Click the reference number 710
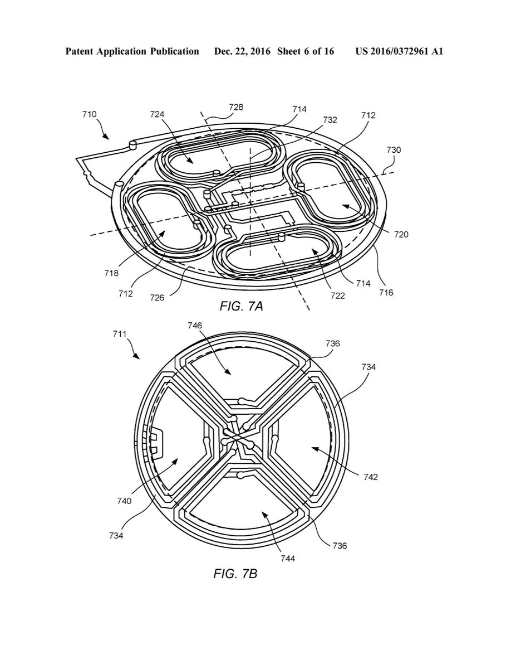point(90,114)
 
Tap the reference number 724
point(158,114)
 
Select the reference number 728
point(236,107)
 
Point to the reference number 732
point(330,119)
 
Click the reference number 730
point(394,150)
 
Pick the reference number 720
point(401,234)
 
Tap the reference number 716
point(386,292)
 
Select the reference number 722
point(338,295)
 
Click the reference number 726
point(158,297)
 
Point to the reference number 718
point(111,273)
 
